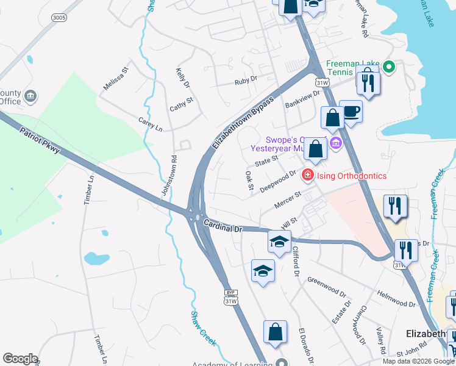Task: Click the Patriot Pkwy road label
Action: pyautogui.click(x=40, y=140)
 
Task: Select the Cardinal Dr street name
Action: pyautogui.click(x=223, y=225)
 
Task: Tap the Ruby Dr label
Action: pyautogui.click(x=246, y=79)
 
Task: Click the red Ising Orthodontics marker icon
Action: pyautogui.click(x=308, y=176)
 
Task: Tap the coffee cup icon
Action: pyautogui.click(x=351, y=112)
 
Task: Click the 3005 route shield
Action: pyautogui.click(x=59, y=18)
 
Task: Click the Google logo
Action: pyautogui.click(x=20, y=359)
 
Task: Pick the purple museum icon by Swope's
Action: pyautogui.click(x=335, y=144)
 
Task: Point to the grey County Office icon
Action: pyautogui.click(x=30, y=96)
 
